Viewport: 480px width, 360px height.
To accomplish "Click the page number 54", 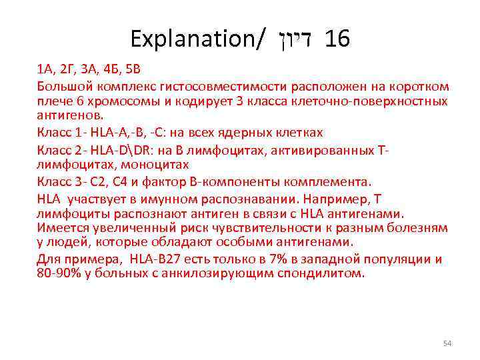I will (447, 343).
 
